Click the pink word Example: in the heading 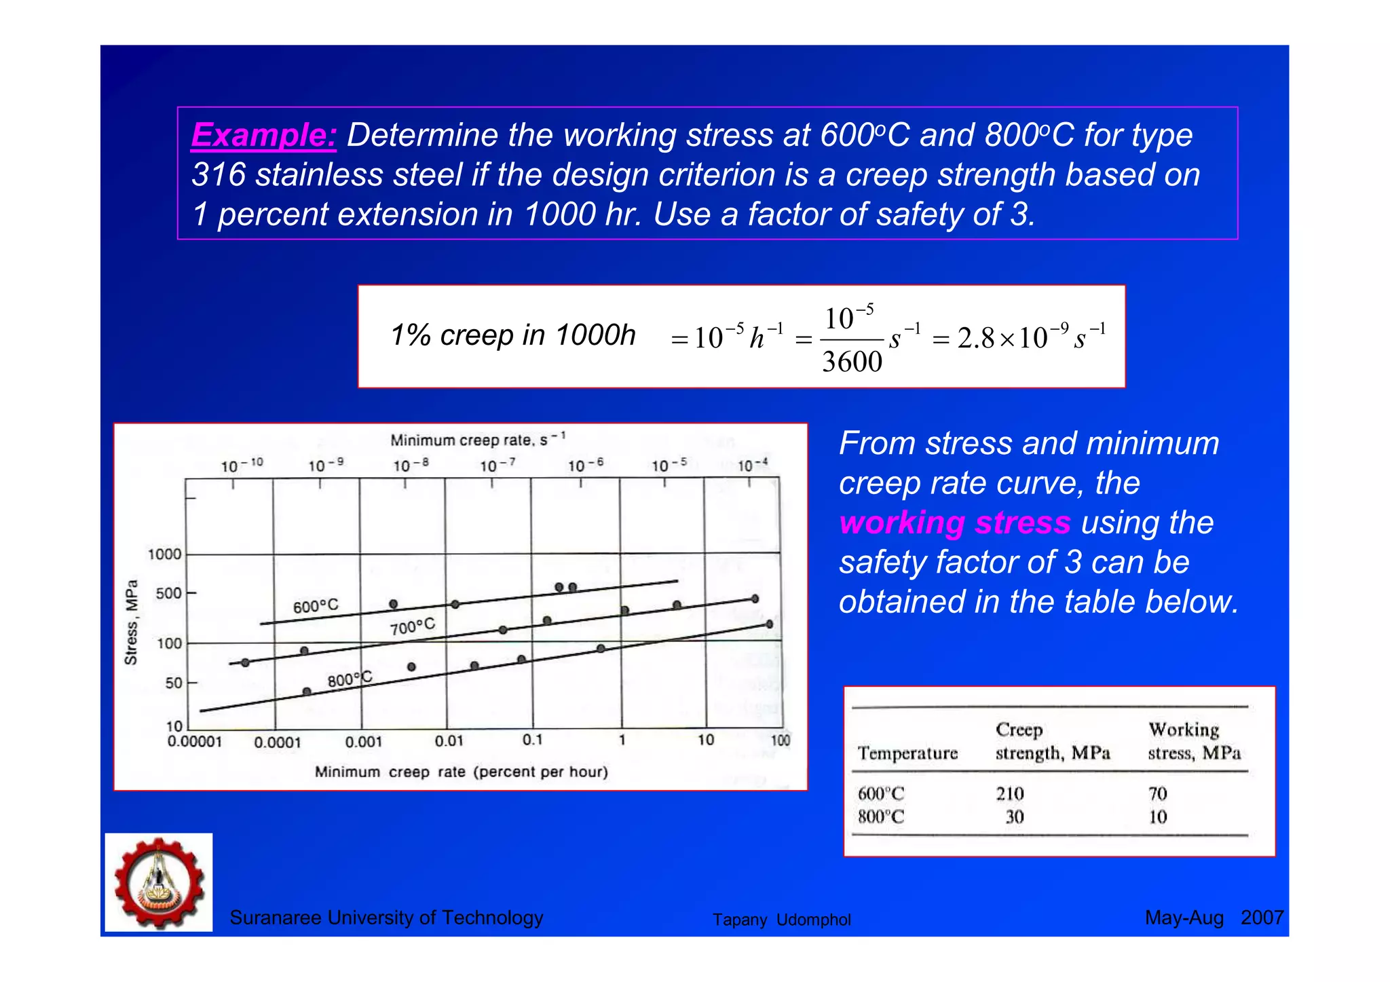point(263,134)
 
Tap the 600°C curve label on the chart point(316,606)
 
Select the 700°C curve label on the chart point(412,626)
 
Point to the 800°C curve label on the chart point(350,679)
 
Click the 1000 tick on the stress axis point(165,554)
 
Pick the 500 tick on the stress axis point(169,594)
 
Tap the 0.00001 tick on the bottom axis point(195,742)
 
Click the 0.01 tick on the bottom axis point(449,741)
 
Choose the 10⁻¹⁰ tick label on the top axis point(242,466)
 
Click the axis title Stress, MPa point(132,622)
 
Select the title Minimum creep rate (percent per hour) point(461,772)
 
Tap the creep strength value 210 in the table point(1010,793)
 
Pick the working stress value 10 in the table point(1158,817)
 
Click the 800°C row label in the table point(881,816)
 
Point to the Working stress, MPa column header point(1194,741)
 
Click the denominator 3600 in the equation point(852,362)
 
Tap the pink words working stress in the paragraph point(954,523)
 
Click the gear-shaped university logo point(159,882)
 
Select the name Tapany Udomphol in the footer point(781,920)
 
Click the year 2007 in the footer point(1262,918)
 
